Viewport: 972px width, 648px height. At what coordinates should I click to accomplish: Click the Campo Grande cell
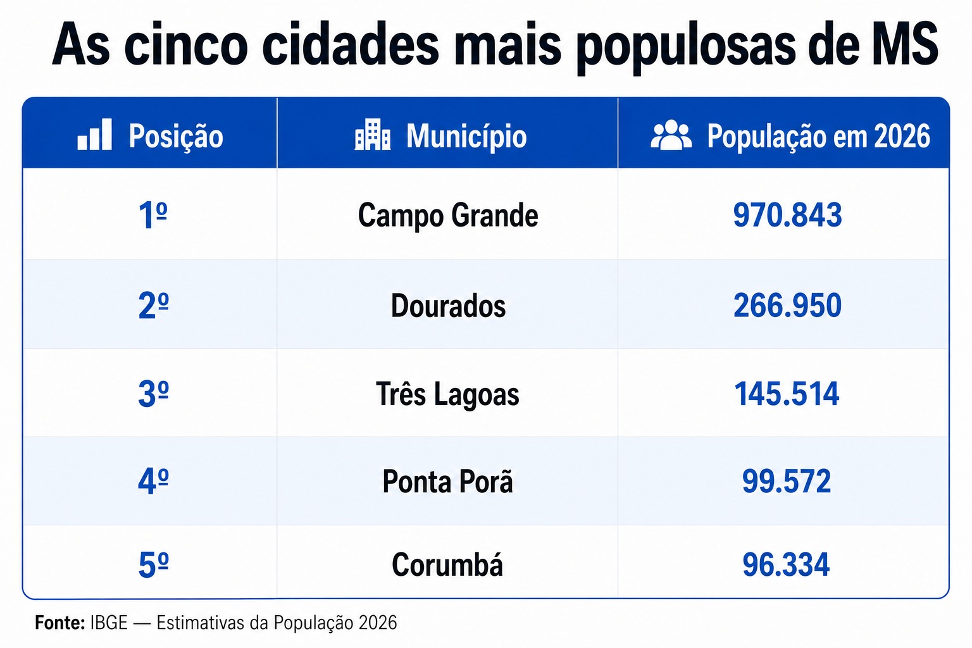click(x=448, y=216)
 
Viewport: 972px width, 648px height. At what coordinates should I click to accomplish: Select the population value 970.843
click(x=787, y=215)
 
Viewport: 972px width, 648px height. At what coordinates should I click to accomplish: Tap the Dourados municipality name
click(x=448, y=306)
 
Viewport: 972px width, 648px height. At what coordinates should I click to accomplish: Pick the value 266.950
click(x=787, y=306)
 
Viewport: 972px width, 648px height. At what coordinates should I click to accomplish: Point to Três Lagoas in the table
click(x=447, y=394)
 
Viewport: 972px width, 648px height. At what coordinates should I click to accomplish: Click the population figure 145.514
click(x=787, y=394)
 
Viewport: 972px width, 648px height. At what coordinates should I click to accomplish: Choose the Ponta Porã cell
click(x=447, y=481)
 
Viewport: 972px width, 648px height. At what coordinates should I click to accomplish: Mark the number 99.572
click(x=787, y=482)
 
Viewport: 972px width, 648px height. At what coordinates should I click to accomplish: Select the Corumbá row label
click(x=447, y=564)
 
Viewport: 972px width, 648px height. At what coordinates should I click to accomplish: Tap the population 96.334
click(x=786, y=564)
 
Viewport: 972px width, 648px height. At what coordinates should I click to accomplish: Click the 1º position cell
click(x=153, y=215)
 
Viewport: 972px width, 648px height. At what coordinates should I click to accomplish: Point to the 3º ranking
click(x=153, y=394)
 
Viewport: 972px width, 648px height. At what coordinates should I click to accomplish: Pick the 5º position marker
click(x=153, y=565)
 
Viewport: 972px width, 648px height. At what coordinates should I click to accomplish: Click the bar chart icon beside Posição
click(x=94, y=135)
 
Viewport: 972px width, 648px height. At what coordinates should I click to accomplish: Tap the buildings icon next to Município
click(x=372, y=135)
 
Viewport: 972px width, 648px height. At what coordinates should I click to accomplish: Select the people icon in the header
click(x=671, y=135)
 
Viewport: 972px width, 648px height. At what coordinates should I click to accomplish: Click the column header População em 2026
click(x=818, y=136)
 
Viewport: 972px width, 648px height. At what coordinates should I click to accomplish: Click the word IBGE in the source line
click(x=109, y=623)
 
